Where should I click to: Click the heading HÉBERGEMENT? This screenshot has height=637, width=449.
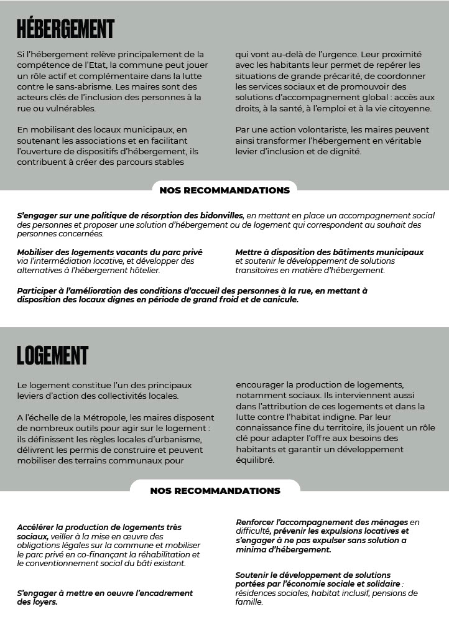pos(65,29)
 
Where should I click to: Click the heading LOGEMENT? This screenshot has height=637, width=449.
pos(52,355)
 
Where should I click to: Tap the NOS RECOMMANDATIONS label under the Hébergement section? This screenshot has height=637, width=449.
pos(224,190)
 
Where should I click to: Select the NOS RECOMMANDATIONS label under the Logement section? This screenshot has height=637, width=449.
pos(215,491)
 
